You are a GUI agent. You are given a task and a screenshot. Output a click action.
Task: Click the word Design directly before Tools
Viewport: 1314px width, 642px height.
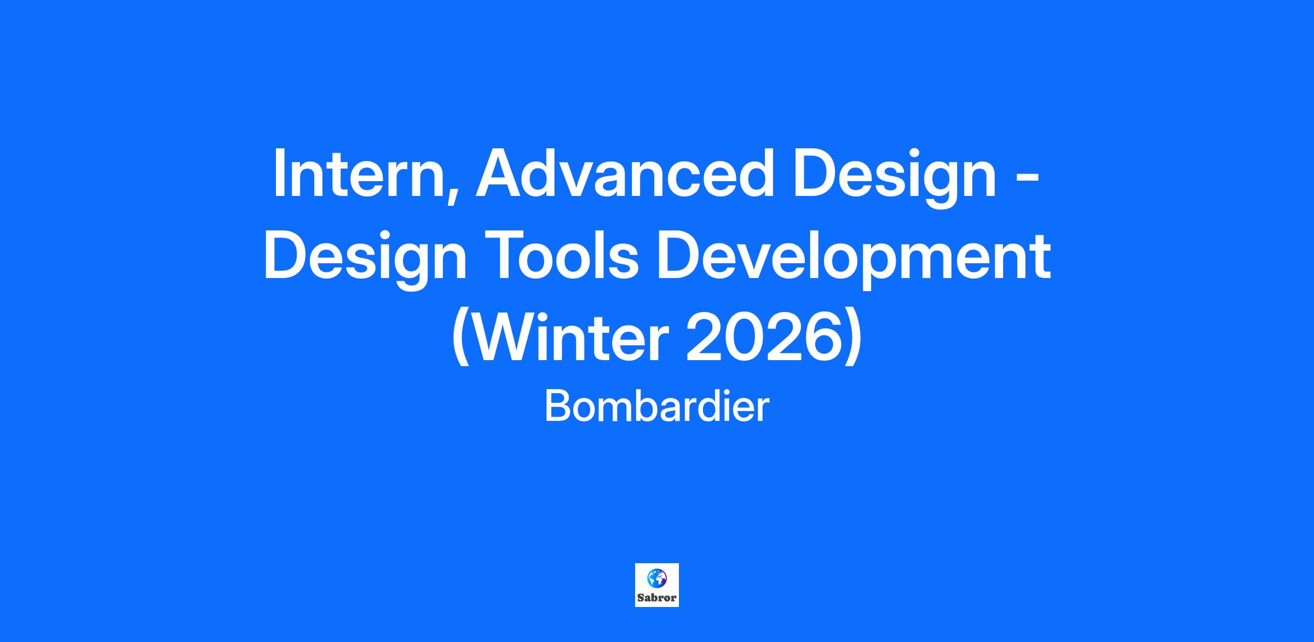tap(365, 258)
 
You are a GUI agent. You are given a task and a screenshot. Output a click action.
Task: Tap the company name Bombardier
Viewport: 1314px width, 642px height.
tap(657, 407)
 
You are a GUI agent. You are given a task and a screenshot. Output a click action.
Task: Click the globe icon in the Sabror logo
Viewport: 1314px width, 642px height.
tap(656, 578)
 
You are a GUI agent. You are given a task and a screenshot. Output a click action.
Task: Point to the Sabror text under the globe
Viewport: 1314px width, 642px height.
tap(657, 598)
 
